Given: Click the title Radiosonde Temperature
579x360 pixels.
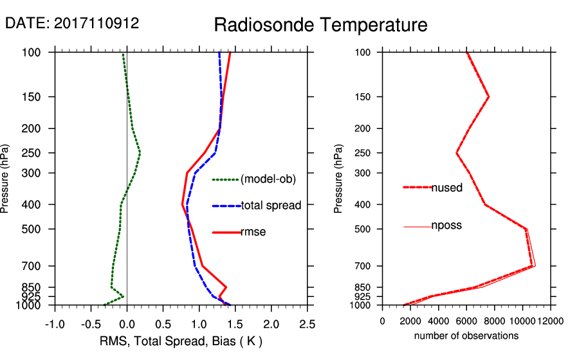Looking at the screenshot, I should tap(320, 25).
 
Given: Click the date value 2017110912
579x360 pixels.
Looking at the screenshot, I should tap(96, 23).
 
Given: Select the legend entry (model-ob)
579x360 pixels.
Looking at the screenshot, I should tap(268, 179).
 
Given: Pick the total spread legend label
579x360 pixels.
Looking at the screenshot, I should tap(271, 206).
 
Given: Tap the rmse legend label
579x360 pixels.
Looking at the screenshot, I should tap(253, 231).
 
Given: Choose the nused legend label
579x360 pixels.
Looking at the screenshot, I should tap(446, 188).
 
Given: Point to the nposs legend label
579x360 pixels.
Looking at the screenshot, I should tap(446, 226).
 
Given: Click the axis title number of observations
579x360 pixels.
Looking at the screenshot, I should tap(466, 336).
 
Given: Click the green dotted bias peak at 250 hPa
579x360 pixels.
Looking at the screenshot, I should tap(140, 153).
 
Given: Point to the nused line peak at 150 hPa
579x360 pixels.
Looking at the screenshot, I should tap(489, 97).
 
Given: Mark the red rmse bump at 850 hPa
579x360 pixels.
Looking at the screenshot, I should tap(226, 287).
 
